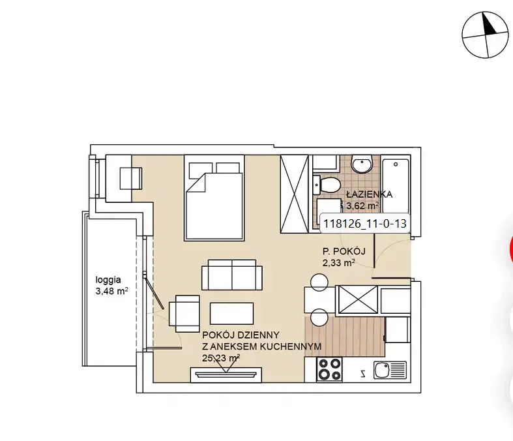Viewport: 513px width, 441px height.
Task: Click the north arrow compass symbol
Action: point(485,35)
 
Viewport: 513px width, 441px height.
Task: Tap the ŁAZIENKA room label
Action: point(369,194)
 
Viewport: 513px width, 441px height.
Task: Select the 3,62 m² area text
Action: point(362,206)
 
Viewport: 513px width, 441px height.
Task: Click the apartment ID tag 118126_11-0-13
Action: point(365,224)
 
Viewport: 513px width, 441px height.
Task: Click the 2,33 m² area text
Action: point(339,262)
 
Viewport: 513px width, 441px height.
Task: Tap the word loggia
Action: point(108,281)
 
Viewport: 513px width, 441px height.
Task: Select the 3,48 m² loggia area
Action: point(111,291)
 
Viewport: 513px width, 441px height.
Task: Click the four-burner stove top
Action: point(329,369)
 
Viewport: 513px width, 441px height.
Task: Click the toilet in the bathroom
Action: point(327,185)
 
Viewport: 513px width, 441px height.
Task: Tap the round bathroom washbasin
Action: point(362,163)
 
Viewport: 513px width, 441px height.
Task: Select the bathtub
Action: point(396,185)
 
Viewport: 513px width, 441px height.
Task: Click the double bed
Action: point(214,198)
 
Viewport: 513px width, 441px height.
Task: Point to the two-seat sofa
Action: point(232,275)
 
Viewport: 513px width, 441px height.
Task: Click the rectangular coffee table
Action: point(231,314)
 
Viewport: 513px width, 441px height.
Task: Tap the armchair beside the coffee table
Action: point(184,314)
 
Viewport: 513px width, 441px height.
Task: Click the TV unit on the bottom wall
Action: point(226,374)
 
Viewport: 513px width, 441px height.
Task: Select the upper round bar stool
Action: point(319,282)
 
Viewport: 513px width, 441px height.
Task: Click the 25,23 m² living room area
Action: point(221,358)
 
